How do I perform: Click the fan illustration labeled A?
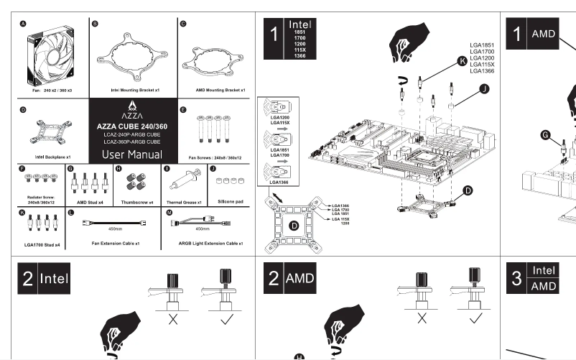(x=51, y=54)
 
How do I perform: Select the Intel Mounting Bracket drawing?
(x=133, y=57)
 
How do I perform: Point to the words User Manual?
(x=132, y=154)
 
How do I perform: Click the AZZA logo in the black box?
(x=132, y=111)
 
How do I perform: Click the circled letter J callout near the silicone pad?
(x=483, y=88)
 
